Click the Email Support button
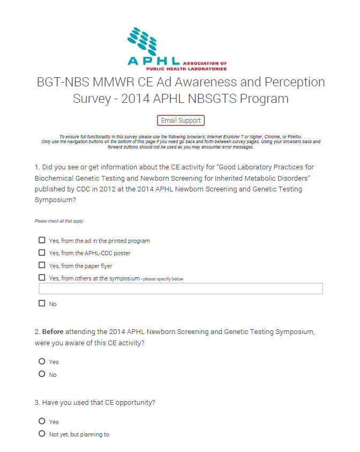181,121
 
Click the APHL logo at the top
177,49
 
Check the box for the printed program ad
42,240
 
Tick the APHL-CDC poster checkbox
42,253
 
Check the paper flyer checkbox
42,265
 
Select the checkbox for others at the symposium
42,278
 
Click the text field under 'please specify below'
181,289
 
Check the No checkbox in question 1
42,303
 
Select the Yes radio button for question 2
42,361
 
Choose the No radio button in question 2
42,374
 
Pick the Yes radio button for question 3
42,421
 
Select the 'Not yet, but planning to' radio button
42,434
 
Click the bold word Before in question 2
53,332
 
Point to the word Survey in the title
93,99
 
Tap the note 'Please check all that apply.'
59,221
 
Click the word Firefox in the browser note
292,137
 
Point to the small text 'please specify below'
163,279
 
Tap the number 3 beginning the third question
36,403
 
